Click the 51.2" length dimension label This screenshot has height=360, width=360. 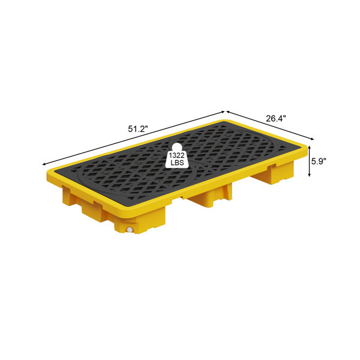click(x=137, y=129)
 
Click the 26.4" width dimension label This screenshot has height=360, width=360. click(x=276, y=119)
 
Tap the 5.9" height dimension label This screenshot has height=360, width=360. click(x=319, y=161)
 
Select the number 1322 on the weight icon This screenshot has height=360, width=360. click(x=177, y=155)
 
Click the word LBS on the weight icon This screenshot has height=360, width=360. click(x=177, y=163)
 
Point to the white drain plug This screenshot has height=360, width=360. click(x=130, y=229)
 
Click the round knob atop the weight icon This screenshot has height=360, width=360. click(x=177, y=147)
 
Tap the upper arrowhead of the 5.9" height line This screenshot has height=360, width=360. click(x=309, y=148)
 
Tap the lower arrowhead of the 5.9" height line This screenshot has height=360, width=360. click(x=309, y=175)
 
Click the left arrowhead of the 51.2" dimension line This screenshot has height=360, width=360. click(x=44, y=164)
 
